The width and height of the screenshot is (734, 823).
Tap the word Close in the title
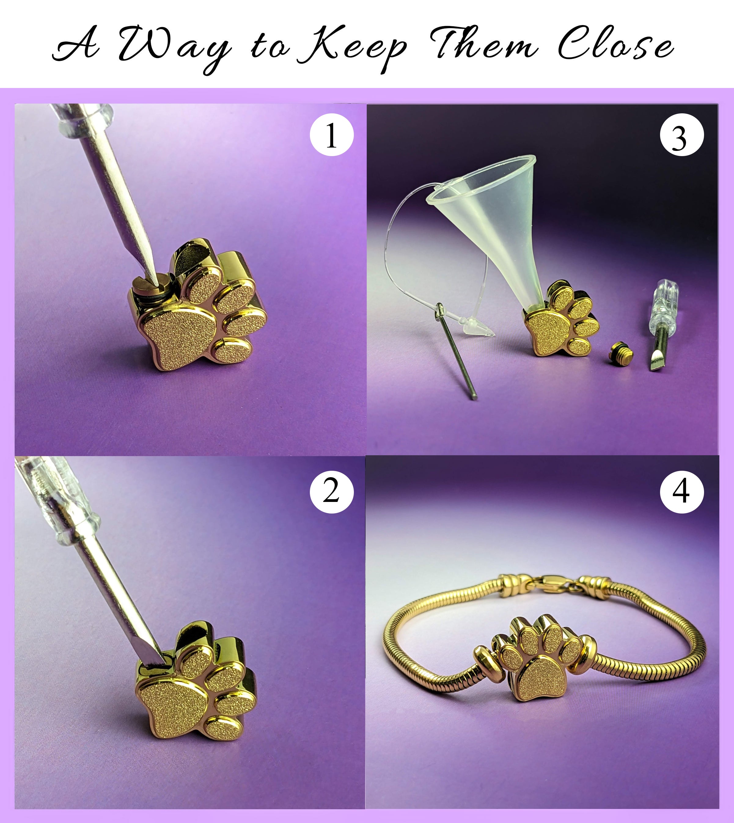(x=615, y=44)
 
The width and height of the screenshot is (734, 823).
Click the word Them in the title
(x=484, y=43)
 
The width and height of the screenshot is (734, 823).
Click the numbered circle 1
(x=331, y=135)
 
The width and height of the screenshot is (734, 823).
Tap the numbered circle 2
(x=331, y=491)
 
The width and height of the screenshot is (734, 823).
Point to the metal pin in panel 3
(x=456, y=351)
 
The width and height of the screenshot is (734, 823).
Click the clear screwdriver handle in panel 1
(x=83, y=119)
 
